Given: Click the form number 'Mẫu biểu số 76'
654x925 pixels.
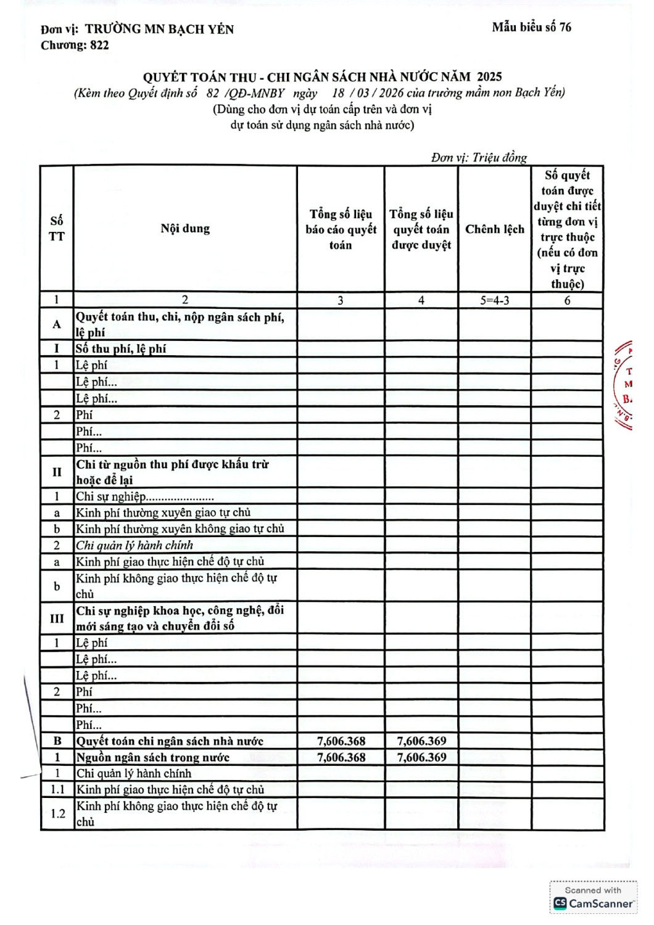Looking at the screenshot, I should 531,27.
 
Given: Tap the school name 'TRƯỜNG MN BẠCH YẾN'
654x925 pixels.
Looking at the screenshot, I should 159,29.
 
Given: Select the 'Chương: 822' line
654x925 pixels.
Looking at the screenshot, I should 75,45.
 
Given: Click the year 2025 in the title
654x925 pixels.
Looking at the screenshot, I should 489,77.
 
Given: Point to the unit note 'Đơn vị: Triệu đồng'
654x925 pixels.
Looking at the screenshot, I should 479,157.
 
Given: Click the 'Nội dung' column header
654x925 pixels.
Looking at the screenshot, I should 185,229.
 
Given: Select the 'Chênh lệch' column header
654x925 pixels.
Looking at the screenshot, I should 494,229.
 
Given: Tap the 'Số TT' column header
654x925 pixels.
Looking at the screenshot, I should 57,229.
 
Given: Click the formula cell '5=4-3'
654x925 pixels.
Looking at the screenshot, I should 494,300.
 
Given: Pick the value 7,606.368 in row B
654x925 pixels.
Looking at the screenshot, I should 341,741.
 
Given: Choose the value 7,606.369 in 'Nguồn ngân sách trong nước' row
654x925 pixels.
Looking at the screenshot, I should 421,757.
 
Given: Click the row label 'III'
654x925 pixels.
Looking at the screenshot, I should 57,618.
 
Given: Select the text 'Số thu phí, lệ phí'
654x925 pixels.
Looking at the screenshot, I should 121,349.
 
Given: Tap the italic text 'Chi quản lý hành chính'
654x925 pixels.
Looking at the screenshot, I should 135,545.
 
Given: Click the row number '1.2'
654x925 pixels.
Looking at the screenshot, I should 57,813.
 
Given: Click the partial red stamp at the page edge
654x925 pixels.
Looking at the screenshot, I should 624,384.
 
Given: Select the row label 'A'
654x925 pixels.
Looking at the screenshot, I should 57,324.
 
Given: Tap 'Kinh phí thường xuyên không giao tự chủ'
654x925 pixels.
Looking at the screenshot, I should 180,528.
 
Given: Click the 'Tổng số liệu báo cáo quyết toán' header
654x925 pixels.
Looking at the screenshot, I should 341,229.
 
